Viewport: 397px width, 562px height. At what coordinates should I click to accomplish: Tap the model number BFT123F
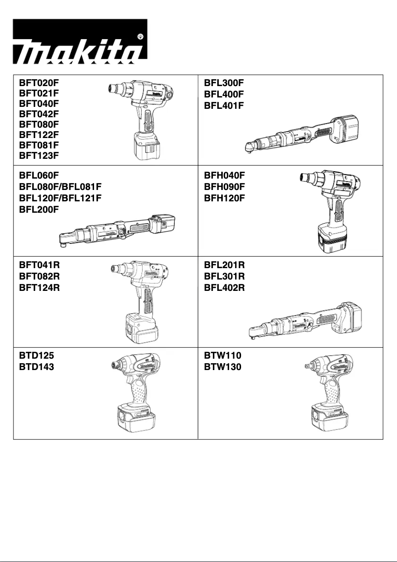(39, 155)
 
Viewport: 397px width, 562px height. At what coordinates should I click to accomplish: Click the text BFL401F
(224, 105)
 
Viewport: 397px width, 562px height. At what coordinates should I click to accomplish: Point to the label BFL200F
(39, 209)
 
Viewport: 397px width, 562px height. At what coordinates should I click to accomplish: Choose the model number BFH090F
(224, 187)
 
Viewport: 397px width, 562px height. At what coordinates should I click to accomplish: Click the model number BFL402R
(224, 288)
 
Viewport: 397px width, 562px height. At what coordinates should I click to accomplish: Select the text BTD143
(36, 368)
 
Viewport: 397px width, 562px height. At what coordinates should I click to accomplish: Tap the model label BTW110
(223, 356)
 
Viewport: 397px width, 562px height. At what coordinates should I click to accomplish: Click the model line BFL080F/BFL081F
(60, 187)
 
